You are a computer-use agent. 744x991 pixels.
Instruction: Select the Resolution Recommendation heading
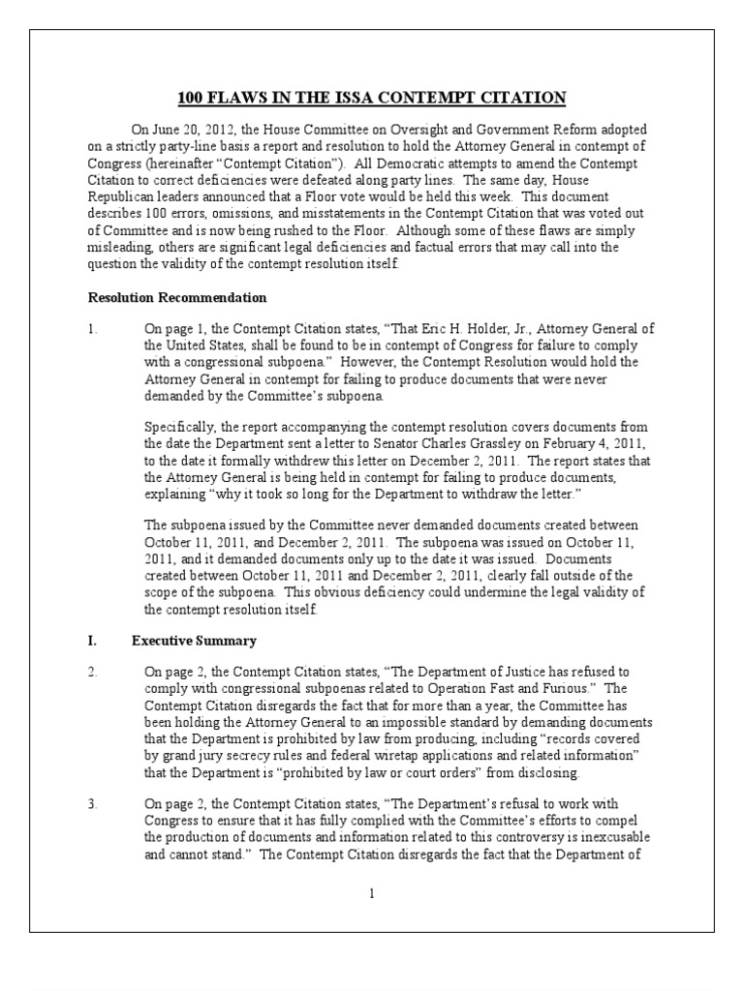(177, 297)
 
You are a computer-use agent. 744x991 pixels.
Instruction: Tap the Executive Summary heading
(195, 641)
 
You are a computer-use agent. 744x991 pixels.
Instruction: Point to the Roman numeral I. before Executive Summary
(91, 641)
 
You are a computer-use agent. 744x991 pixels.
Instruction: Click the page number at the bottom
(371, 893)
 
